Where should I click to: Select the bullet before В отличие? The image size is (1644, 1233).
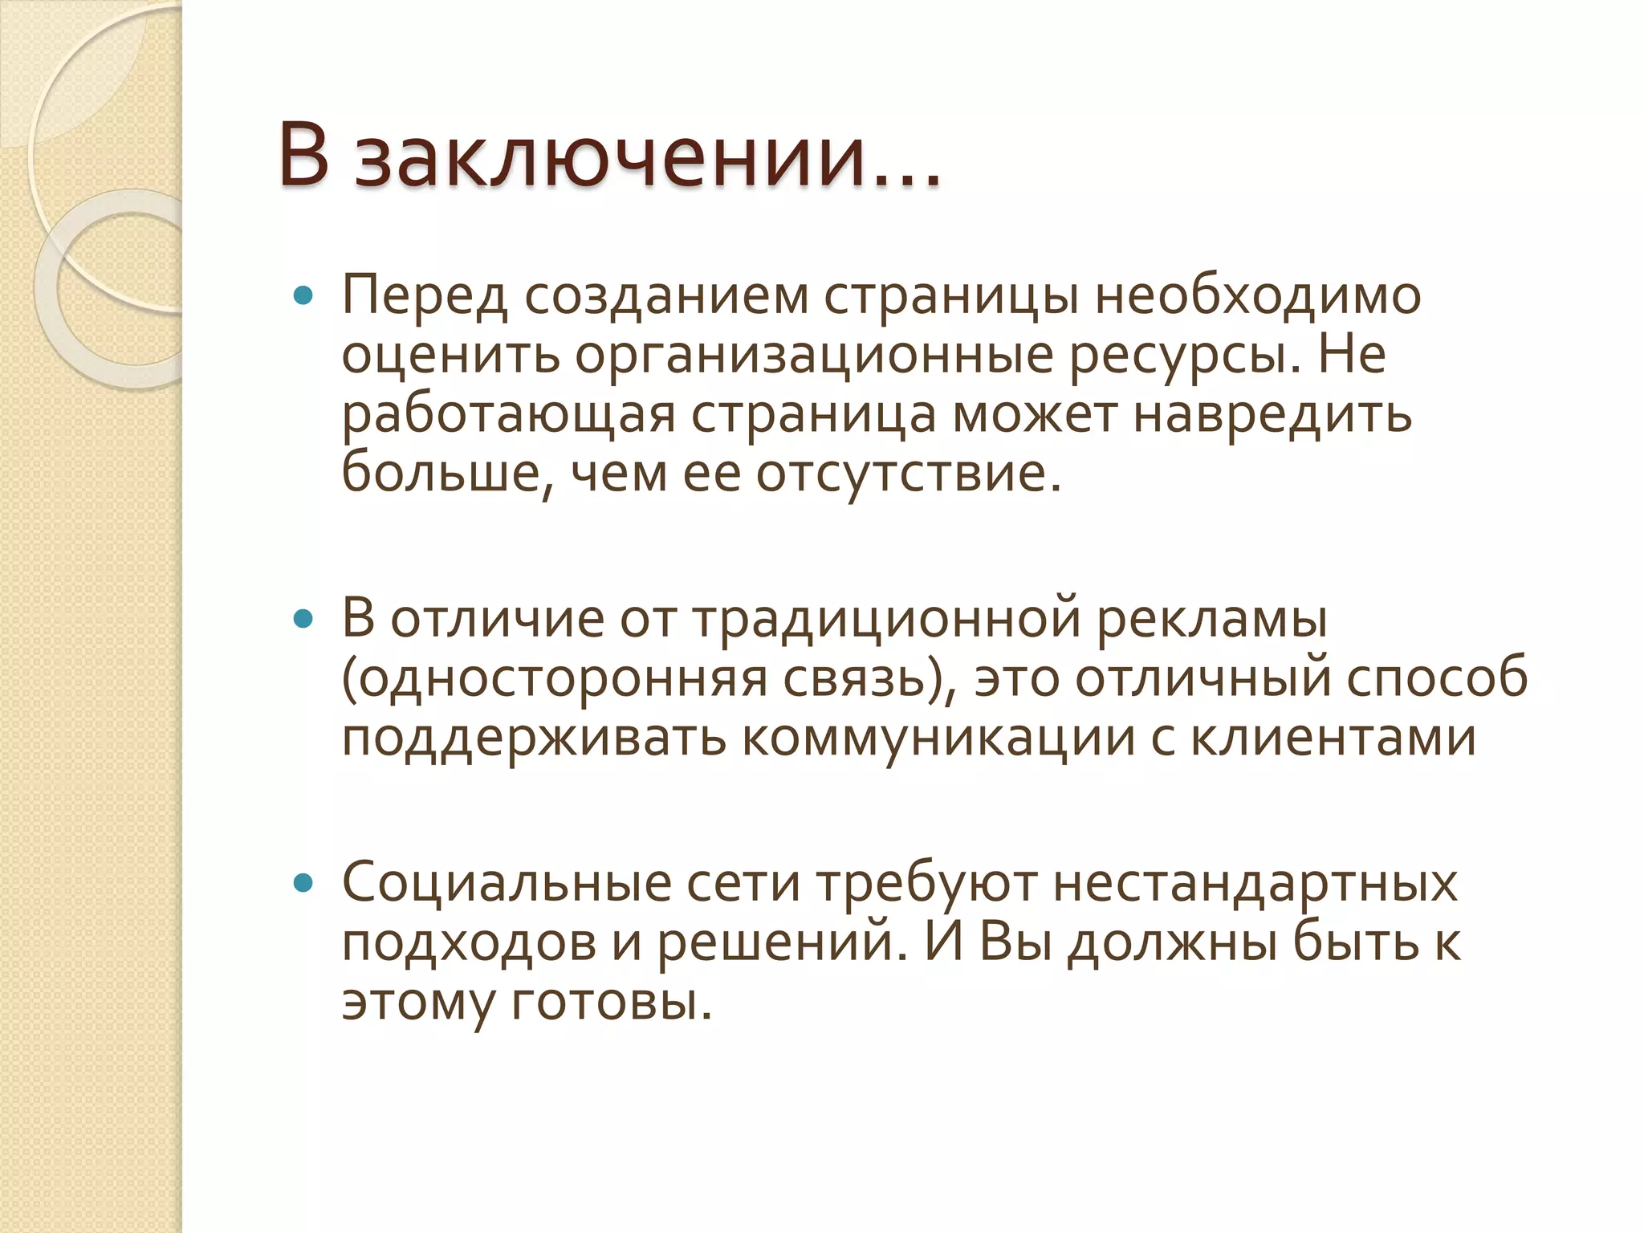point(303,620)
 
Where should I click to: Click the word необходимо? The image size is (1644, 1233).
point(1258,295)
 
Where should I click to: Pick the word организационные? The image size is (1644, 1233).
point(813,356)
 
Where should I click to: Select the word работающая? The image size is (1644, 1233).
point(508,415)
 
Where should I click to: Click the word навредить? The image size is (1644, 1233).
point(1272,415)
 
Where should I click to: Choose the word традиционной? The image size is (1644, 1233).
point(887,620)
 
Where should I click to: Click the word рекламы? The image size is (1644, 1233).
point(1212,620)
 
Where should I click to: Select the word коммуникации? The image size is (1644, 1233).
point(938,738)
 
